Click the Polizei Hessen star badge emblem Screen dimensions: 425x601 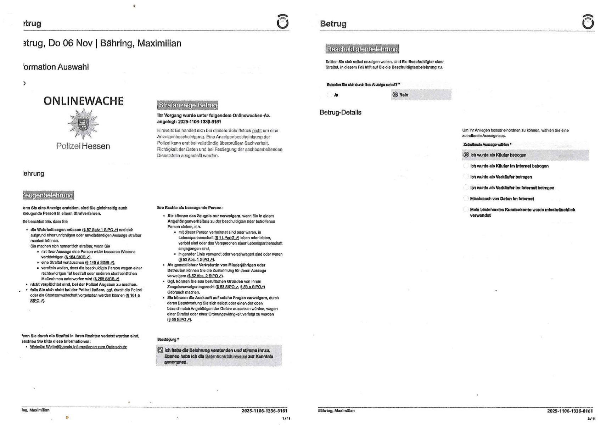83,124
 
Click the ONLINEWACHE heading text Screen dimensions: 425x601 83,101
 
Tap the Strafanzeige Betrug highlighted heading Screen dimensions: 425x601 187,105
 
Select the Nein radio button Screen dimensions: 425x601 395,95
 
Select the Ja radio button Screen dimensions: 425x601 330,95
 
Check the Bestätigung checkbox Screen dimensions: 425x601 160,350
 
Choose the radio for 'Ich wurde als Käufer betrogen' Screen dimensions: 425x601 466,155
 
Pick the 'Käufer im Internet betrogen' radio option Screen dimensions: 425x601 466,166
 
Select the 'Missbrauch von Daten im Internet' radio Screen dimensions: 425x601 466,198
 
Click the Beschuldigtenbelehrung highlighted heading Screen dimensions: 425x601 362,49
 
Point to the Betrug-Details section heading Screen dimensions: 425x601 340,112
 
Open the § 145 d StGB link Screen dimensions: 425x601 100,263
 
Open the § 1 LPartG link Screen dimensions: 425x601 227,238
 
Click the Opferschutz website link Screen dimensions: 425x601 78,347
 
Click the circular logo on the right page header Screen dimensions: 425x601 588,22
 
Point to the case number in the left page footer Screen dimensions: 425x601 264,411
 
